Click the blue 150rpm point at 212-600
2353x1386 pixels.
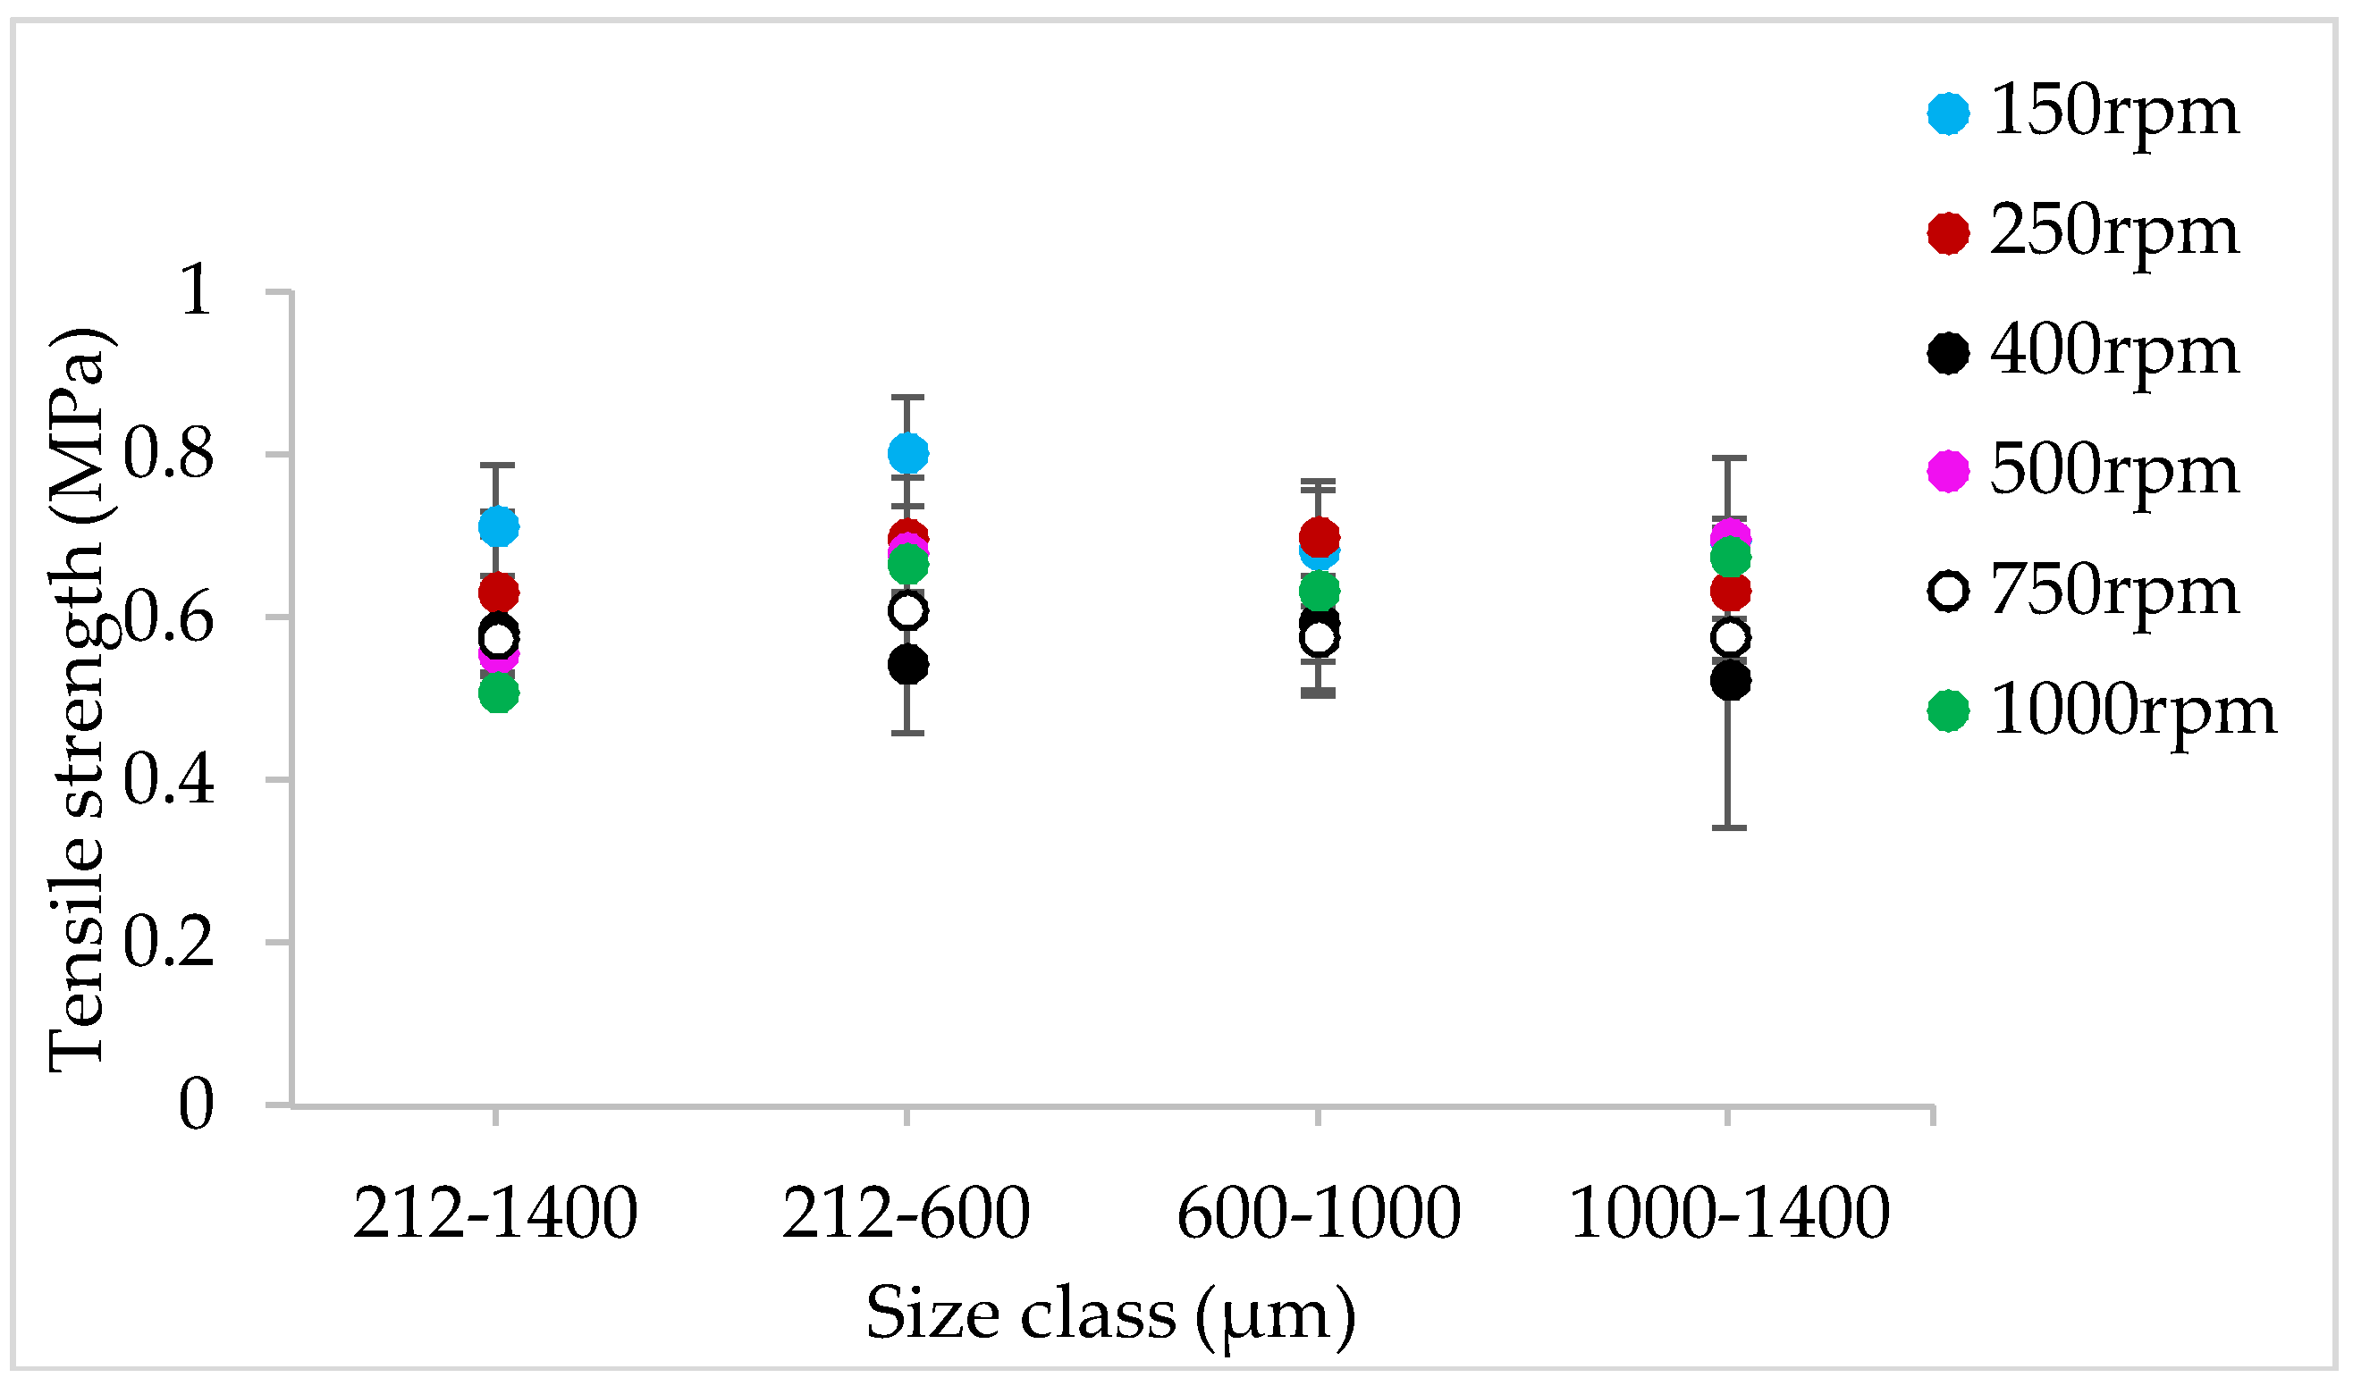908,454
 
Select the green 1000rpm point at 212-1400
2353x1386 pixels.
499,693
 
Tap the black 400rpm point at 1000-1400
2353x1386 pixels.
1730,681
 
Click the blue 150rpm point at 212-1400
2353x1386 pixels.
499,526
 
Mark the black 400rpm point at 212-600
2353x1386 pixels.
908,666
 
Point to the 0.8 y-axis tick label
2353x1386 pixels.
168,455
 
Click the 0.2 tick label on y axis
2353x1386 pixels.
168,945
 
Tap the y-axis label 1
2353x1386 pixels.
196,291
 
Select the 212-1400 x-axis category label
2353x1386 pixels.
495,1215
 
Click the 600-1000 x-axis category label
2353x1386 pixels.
1318,1215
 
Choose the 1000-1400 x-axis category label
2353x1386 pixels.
1730,1215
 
